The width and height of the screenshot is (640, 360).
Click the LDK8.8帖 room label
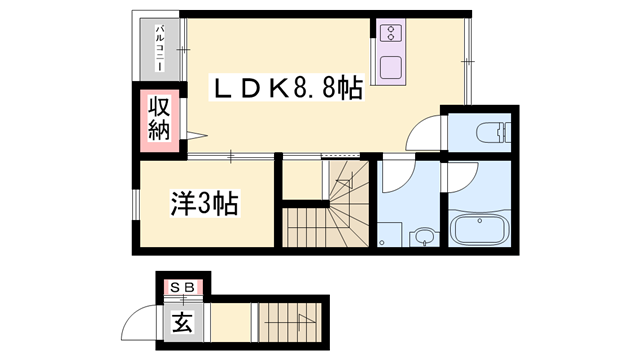tap(285, 90)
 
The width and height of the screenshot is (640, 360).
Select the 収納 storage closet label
tap(160, 118)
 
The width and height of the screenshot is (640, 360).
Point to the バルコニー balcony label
tap(157, 49)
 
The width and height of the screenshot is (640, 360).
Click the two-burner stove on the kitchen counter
tap(390, 34)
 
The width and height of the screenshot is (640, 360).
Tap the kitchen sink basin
tap(389, 69)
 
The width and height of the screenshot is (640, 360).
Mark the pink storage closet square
tap(160, 119)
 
